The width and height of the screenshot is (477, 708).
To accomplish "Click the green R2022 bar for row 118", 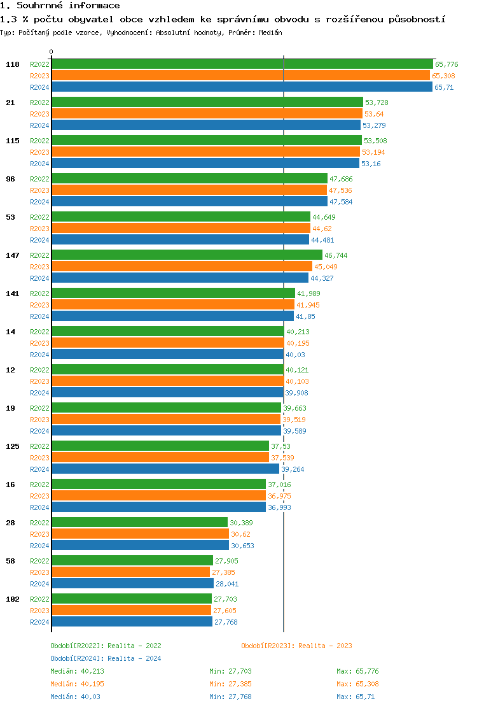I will (x=242, y=64).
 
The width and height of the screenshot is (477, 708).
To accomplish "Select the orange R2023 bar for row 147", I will (x=182, y=266).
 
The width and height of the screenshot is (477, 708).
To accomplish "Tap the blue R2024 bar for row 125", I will (x=165, y=469).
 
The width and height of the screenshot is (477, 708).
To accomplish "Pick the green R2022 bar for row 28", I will (x=139, y=522).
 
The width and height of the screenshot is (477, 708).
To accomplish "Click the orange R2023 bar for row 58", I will (x=130, y=572).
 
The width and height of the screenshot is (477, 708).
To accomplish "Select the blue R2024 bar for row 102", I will (x=132, y=621).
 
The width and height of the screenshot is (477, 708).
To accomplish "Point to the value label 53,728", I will (x=377, y=103).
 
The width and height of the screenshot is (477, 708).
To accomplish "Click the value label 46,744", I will (x=336, y=255).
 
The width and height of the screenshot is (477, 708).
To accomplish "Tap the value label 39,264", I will (x=293, y=469).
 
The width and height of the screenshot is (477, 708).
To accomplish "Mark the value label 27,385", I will (x=223, y=572).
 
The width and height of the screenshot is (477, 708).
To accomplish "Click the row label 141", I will (x=13, y=294).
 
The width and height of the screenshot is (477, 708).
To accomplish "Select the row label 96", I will (x=10, y=179).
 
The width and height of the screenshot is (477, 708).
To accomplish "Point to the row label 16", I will (x=10, y=485).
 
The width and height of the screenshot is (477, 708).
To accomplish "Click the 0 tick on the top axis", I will (x=52, y=52).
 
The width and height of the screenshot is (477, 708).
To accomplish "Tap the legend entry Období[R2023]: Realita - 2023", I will (x=296, y=646).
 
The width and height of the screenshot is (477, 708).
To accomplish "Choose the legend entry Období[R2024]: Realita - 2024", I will (x=106, y=658).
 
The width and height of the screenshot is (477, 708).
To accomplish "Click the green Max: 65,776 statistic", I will (x=357, y=671).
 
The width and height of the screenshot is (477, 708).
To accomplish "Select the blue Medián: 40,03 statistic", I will (x=72, y=697).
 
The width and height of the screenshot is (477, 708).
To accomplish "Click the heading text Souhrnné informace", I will (x=68, y=6).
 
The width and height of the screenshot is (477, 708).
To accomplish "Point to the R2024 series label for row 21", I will (x=39, y=125).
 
